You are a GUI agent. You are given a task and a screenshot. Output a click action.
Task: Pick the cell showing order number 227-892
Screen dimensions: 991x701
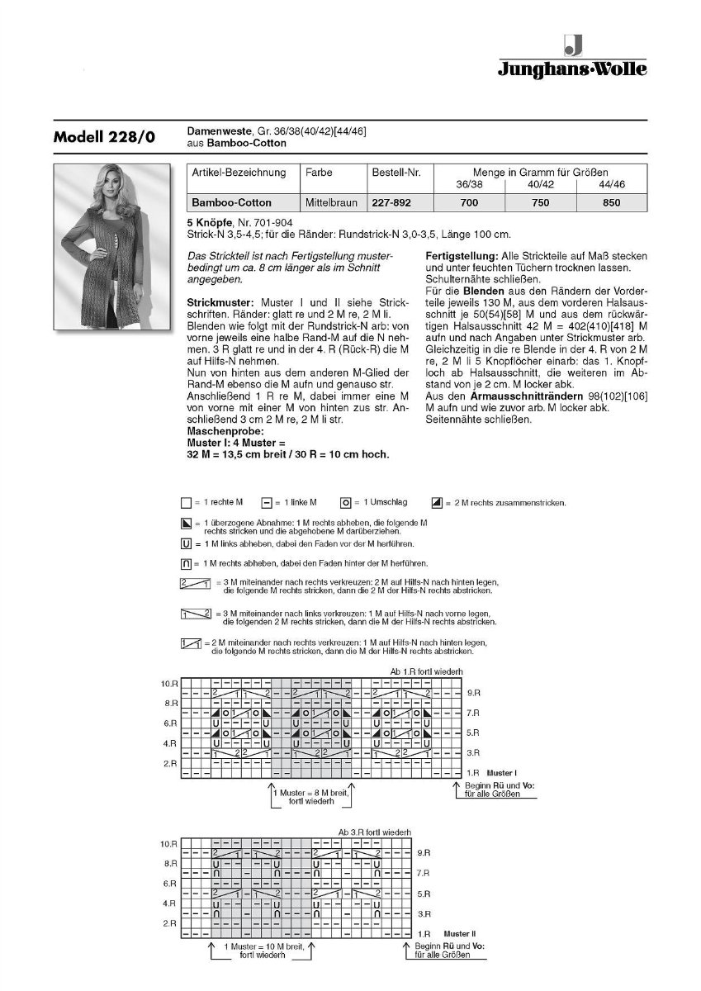[x=392, y=202]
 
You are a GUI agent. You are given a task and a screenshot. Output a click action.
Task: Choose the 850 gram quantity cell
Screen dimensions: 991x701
[x=612, y=202]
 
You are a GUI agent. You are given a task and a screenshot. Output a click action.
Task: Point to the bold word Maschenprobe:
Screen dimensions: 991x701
[x=225, y=431]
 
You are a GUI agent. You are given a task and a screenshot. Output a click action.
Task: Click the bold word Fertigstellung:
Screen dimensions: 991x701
[x=461, y=255]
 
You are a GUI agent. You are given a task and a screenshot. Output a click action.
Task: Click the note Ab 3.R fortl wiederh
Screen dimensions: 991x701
[x=374, y=831]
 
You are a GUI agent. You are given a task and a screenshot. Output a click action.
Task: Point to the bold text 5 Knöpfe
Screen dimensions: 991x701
[x=211, y=222]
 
